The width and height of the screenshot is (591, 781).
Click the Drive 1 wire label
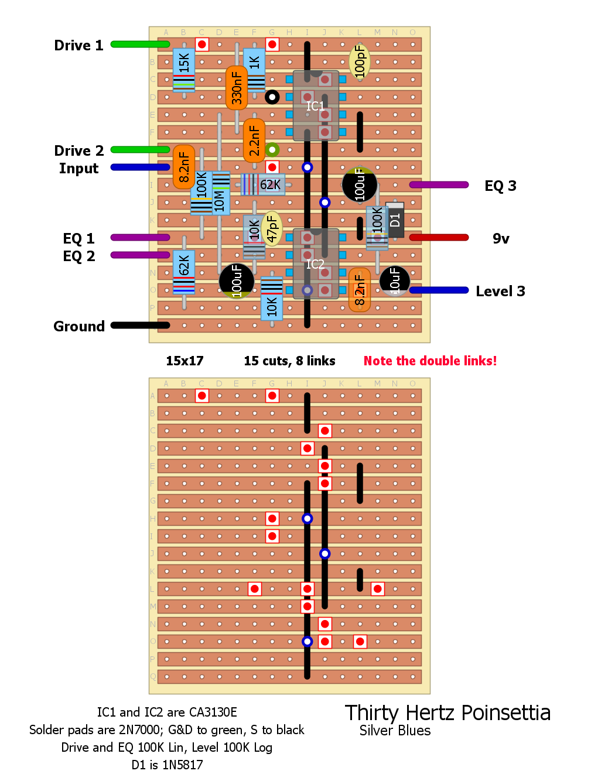point(78,46)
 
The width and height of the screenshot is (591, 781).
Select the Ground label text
point(79,326)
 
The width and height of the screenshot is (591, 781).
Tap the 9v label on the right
point(501,238)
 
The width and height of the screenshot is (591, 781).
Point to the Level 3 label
point(500,291)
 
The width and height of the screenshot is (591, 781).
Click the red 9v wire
point(439,237)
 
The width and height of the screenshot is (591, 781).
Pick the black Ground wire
point(140,325)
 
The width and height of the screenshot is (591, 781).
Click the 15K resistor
point(184,68)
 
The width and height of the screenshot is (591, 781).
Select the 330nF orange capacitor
point(237,88)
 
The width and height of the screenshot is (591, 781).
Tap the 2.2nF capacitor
point(254,141)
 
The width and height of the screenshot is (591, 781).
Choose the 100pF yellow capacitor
point(360,61)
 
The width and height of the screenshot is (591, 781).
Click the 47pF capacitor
point(272,228)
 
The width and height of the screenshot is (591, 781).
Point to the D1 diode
point(395,220)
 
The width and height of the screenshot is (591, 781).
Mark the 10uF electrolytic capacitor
point(395,280)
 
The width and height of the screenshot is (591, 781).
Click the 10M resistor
point(220,193)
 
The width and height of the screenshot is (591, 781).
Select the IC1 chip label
point(315,106)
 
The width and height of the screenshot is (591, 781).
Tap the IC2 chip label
point(315,264)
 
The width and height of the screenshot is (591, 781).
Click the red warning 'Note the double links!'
point(430,361)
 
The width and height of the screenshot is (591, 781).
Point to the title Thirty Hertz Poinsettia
point(447,713)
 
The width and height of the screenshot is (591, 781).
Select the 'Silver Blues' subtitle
point(395,731)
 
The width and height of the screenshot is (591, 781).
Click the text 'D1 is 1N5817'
point(167,765)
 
